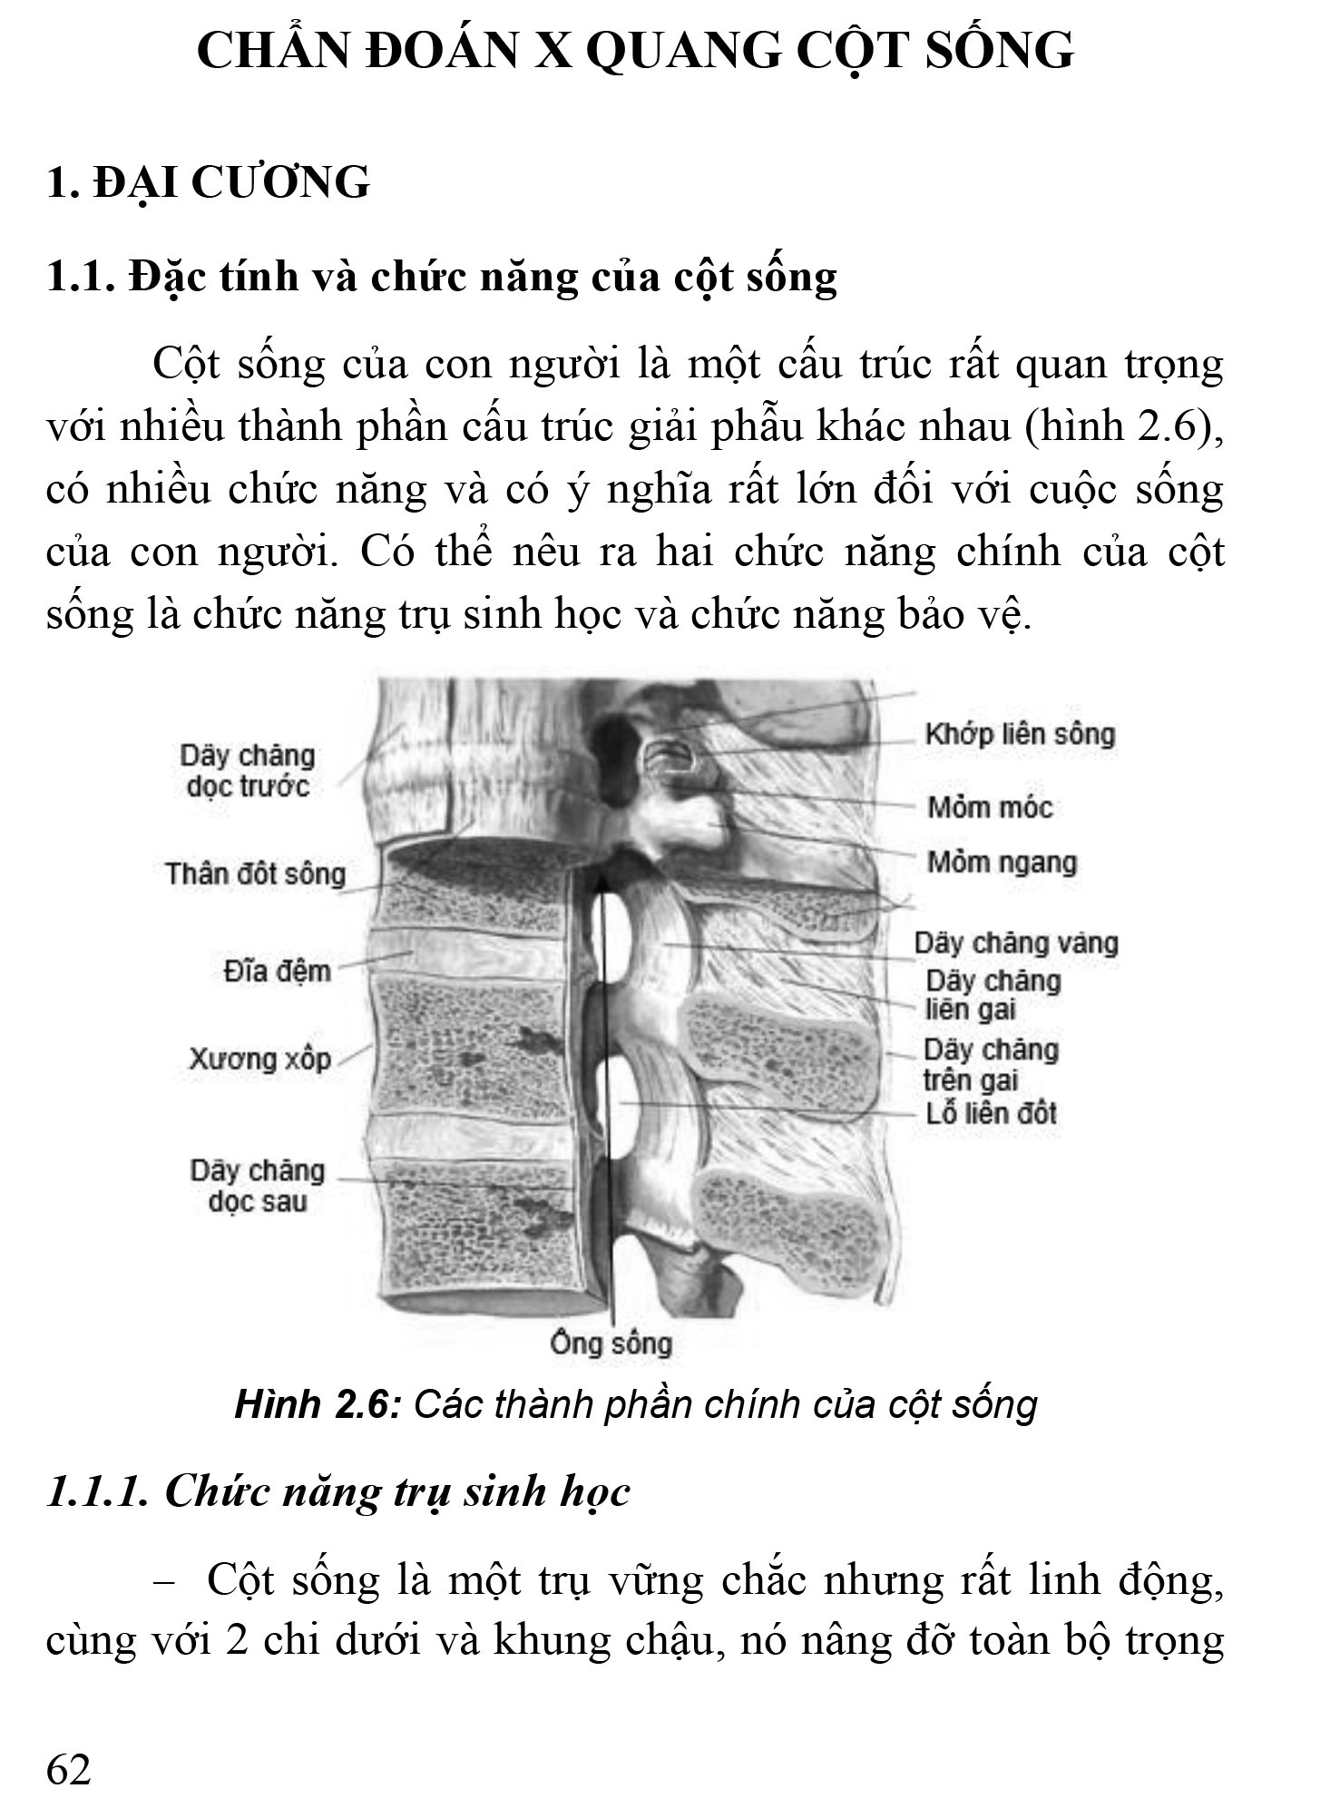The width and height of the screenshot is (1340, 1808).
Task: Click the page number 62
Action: pyautogui.click(x=69, y=1768)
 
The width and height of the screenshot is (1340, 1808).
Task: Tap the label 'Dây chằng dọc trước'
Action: pyautogui.click(x=247, y=771)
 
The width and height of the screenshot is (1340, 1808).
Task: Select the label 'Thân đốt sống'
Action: pyautogui.click(x=255, y=875)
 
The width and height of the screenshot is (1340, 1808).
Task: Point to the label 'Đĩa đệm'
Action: pyautogui.click(x=277, y=972)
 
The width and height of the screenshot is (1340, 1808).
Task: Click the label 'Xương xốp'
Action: pyautogui.click(x=259, y=1059)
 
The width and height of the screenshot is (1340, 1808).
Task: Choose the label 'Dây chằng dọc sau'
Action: pyautogui.click(x=257, y=1187)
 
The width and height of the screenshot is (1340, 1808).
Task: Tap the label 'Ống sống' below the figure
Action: pyautogui.click(x=611, y=1343)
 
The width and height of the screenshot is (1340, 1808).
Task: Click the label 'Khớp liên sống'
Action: pyautogui.click(x=1020, y=735)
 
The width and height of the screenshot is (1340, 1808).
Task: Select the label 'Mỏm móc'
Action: pyautogui.click(x=989, y=806)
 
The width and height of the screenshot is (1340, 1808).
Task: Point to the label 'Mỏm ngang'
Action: pyautogui.click(x=1002, y=862)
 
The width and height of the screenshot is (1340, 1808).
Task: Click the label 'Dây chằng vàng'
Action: pyautogui.click(x=1016, y=943)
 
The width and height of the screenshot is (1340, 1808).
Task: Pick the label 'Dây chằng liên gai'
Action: pyautogui.click(x=992, y=995)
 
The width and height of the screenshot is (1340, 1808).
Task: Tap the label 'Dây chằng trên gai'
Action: pyautogui.click(x=991, y=1065)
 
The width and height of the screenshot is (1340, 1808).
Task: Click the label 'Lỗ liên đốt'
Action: pyautogui.click(x=992, y=1113)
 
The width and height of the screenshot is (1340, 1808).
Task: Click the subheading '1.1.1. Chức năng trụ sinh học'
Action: pyautogui.click(x=337, y=1491)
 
